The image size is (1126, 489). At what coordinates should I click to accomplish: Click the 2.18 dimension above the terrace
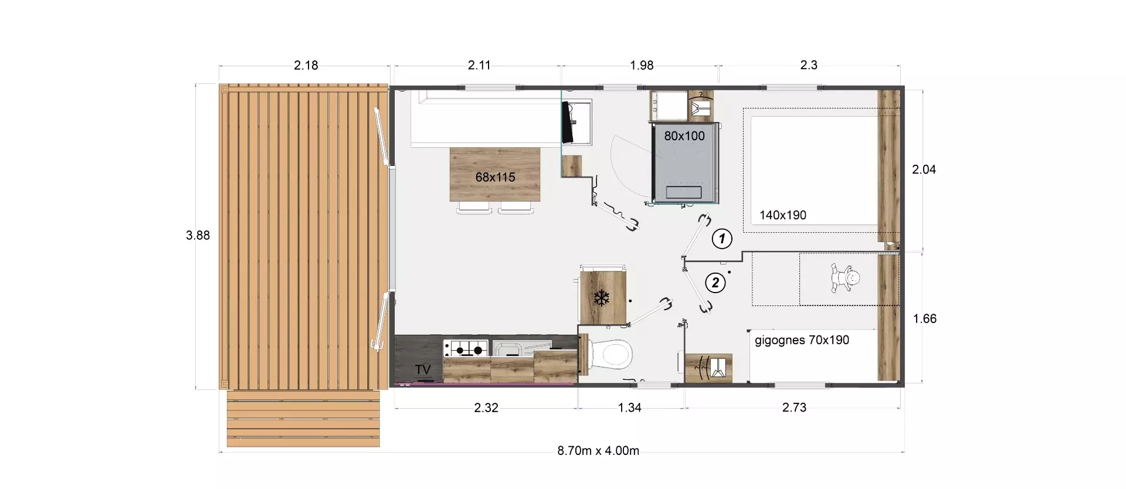point(306,65)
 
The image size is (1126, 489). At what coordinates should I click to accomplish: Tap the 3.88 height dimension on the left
point(198,235)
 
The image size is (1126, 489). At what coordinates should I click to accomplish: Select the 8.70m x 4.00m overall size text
point(598,451)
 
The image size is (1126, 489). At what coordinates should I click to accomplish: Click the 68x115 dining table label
point(495,176)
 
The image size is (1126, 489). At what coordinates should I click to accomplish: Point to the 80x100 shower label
point(684,135)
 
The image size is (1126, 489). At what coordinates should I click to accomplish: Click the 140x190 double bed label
point(783,215)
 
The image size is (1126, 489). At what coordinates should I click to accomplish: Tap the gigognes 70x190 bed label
point(802,340)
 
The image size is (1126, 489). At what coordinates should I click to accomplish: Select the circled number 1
point(722,239)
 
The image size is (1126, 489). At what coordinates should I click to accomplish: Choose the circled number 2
point(715,283)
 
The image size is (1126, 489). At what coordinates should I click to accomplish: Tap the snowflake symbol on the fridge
point(601,298)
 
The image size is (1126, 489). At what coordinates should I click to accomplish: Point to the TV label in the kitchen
point(423,369)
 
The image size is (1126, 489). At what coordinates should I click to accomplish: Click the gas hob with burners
point(466,348)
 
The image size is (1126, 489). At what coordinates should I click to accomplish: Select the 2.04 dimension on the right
point(924,169)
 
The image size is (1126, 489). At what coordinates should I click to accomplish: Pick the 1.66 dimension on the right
point(924,319)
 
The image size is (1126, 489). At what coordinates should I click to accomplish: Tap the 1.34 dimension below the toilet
point(629,407)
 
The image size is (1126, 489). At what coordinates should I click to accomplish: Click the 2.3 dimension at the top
point(809,65)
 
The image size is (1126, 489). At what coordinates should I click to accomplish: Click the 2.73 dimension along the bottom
point(794,407)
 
